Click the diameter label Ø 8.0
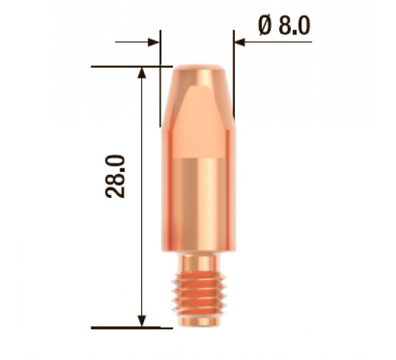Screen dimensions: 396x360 pyautogui.click(x=284, y=25)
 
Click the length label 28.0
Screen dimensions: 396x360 pyautogui.click(x=115, y=176)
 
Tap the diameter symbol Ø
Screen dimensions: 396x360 pyautogui.click(x=265, y=25)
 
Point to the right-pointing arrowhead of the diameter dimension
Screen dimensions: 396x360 pyautogui.click(x=154, y=42)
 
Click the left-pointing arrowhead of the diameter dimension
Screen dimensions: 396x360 pyautogui.click(x=240, y=42)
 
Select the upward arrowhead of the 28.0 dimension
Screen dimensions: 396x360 pyautogui.click(x=142, y=73)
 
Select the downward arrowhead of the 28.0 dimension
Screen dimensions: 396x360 pyautogui.click(x=142, y=321)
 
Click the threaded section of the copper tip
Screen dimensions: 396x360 pyautogui.click(x=199, y=294)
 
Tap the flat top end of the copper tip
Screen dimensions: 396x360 pyautogui.click(x=199, y=67)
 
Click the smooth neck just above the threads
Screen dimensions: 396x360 pyautogui.click(x=199, y=262)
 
